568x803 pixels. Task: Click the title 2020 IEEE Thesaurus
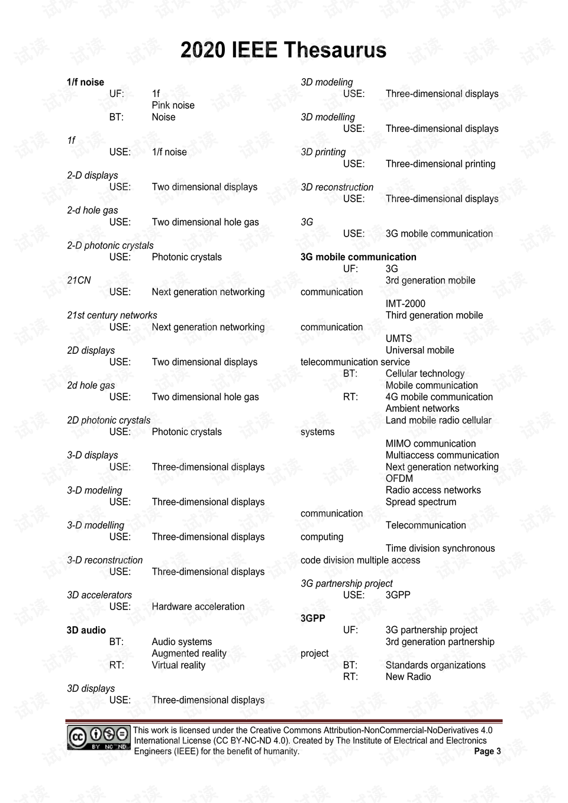[283, 50]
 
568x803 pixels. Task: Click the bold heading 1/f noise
[85, 82]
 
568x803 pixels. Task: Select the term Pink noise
[173, 105]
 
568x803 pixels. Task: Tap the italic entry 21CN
[79, 280]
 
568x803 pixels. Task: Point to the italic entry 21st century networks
[112, 315]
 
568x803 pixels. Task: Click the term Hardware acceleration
[198, 607]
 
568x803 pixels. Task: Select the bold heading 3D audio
[86, 630]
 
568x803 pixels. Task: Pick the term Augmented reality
[189, 653]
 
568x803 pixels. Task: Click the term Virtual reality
[178, 665]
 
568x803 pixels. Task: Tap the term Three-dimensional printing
[440, 164]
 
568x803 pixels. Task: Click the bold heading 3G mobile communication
[358, 257]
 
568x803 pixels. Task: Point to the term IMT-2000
[405, 304]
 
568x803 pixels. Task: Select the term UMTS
[398, 338]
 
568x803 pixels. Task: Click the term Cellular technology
[425, 373]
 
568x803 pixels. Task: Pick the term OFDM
[399, 479]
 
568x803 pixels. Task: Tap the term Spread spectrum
[421, 502]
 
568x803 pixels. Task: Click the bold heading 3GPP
[312, 618]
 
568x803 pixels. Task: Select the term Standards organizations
[435, 665]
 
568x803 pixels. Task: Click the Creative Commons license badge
[98, 737]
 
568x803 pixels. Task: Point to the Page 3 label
[487, 752]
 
